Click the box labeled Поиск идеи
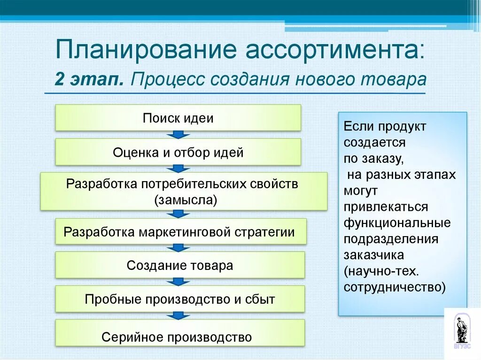click(178, 118)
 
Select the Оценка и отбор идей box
click(178, 152)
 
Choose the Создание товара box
click(180, 265)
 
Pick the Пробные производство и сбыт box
click(180, 299)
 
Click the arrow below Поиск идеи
click(178, 135)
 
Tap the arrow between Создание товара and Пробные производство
click(178, 282)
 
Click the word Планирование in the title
click(141, 50)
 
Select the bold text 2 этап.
click(89, 79)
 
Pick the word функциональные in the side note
click(397, 222)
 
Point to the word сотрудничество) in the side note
click(394, 287)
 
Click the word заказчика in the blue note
click(373, 255)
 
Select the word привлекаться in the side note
click(386, 207)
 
